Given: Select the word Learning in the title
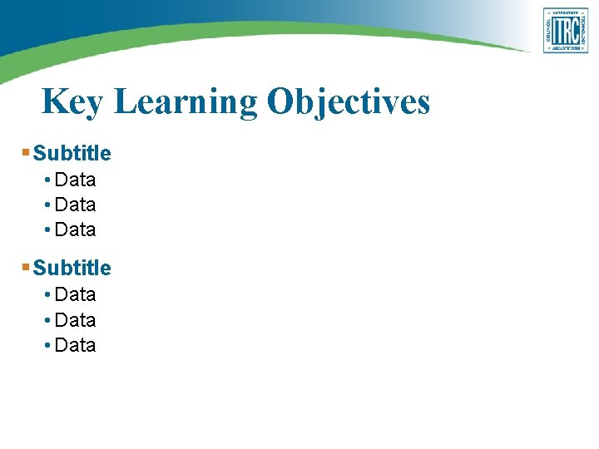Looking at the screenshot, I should click(186, 102).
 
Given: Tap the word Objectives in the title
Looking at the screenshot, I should click(349, 102).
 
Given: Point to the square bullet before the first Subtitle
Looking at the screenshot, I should click(26, 153).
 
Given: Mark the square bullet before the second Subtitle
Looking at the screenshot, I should click(26, 268).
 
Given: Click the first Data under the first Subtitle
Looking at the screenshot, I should click(75, 180).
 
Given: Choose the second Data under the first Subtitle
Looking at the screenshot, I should click(75, 205).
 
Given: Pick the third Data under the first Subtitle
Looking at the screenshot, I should click(75, 229).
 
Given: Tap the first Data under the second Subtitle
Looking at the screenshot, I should click(75, 294).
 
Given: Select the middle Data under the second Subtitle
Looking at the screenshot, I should click(75, 320).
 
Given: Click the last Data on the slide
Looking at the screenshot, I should click(75, 345).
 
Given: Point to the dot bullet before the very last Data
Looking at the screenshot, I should click(49, 346).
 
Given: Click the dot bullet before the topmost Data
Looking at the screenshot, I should click(49, 180).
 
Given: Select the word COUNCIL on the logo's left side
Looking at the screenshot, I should click(548, 31).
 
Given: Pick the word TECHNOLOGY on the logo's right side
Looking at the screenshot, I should click(584, 31).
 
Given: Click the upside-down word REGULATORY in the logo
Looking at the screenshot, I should click(566, 49).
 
